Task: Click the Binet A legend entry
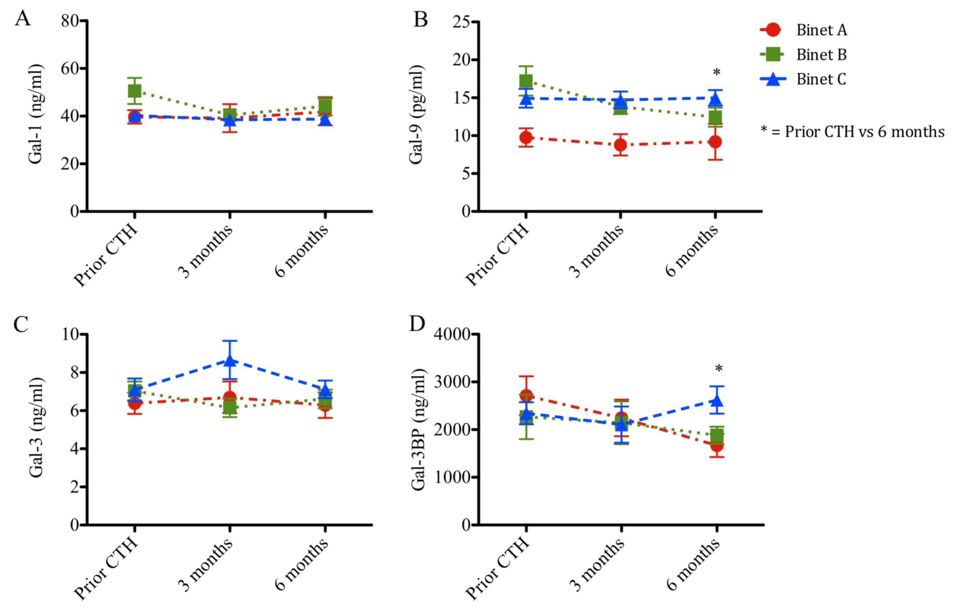(x=821, y=30)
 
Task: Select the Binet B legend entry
(x=821, y=55)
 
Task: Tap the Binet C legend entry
(x=821, y=79)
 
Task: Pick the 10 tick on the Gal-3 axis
(x=71, y=334)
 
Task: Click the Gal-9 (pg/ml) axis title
(x=416, y=114)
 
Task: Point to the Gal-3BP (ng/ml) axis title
(x=418, y=429)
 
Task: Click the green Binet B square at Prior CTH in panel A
(x=135, y=91)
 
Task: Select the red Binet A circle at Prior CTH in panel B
(x=526, y=138)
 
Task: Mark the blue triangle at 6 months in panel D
(x=717, y=401)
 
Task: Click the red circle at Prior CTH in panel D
(x=526, y=396)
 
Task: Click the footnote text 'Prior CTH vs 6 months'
(x=864, y=132)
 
